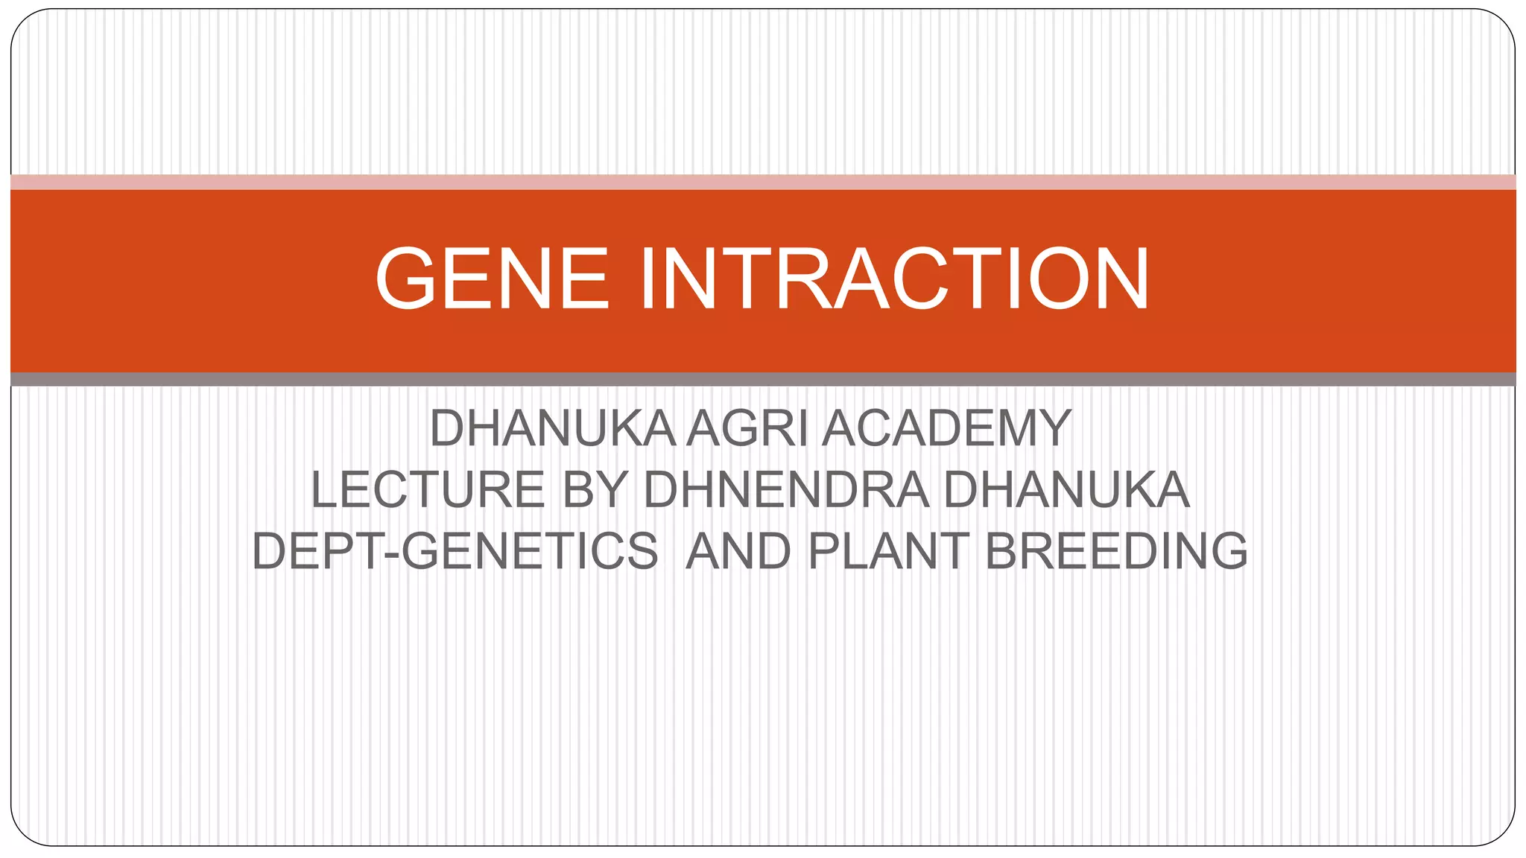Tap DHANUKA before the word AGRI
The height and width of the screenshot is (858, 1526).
[x=552, y=429]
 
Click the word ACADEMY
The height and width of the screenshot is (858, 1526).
[x=946, y=429]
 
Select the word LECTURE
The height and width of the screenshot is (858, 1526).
[x=428, y=490]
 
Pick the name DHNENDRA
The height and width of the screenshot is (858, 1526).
[x=786, y=490]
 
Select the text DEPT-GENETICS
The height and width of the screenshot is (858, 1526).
[x=455, y=552]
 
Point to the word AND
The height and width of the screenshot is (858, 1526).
[x=738, y=552]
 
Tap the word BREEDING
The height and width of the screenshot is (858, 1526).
[x=1116, y=552]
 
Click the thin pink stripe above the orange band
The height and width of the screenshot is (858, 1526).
[x=763, y=182]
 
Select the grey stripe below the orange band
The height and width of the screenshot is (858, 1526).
[x=763, y=379]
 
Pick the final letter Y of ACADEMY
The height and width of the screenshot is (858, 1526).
[x=1056, y=429]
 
